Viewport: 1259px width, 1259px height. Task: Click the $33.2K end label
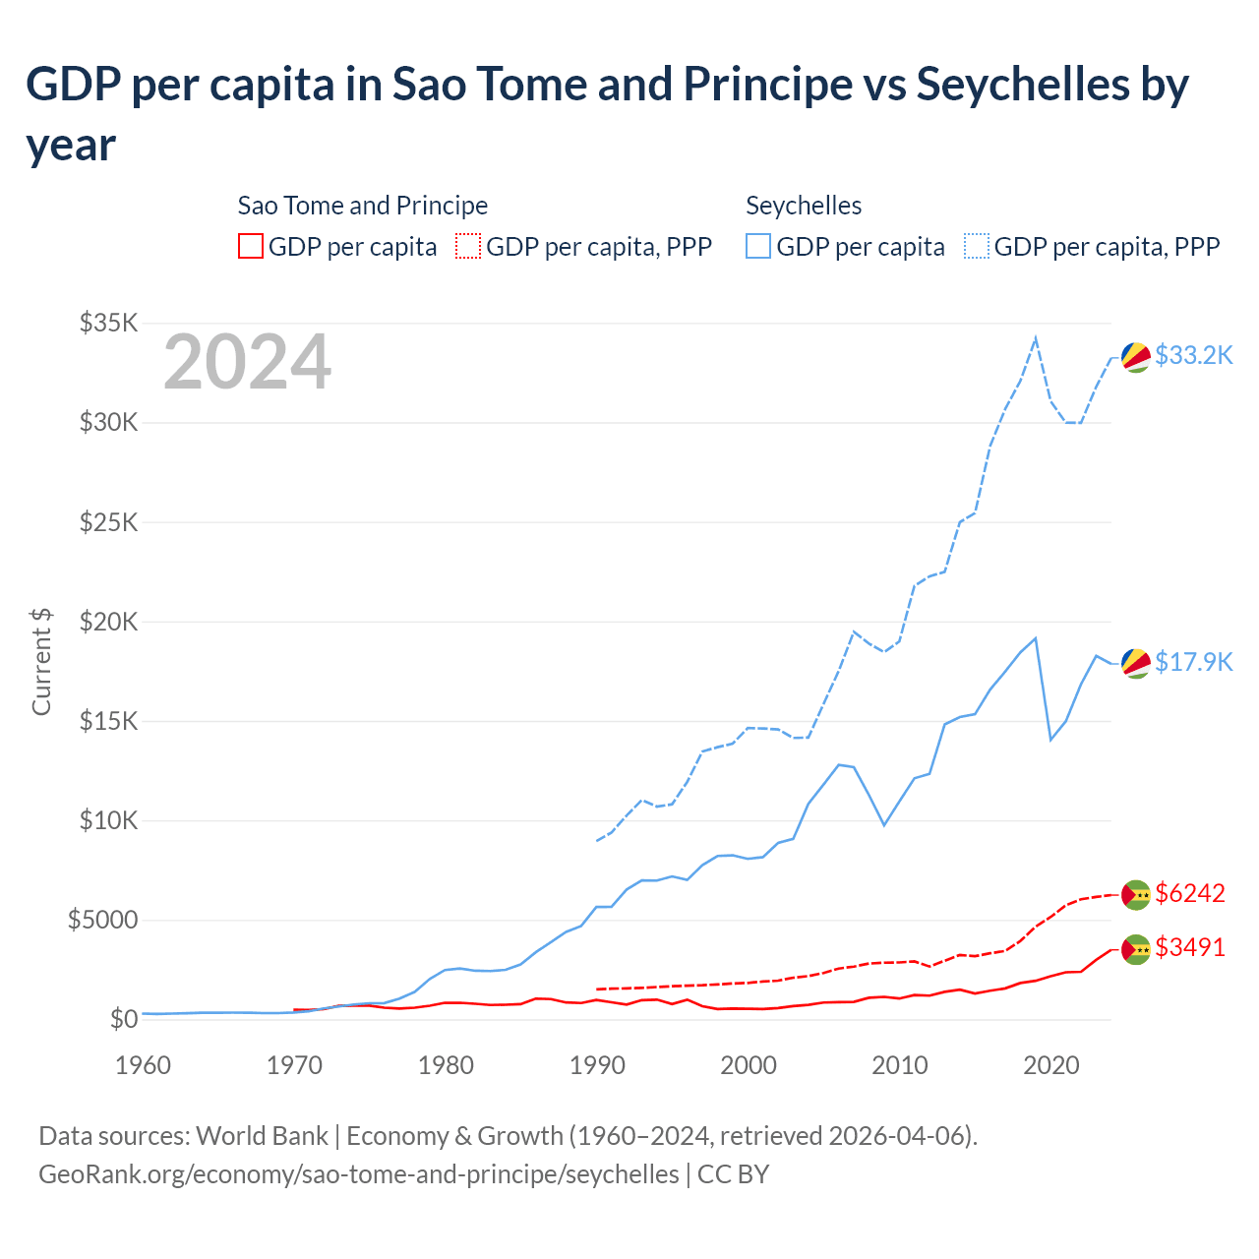pos(1193,355)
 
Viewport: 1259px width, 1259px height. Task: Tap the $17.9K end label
pos(1193,662)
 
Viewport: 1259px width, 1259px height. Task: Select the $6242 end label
pos(1190,893)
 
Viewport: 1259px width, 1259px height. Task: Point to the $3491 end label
pos(1190,947)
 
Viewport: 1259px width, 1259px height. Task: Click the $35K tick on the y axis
pos(109,323)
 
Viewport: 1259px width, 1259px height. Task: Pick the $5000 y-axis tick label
pos(102,920)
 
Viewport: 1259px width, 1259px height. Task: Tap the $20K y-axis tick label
pos(109,622)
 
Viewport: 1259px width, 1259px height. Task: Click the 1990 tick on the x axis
pos(597,1065)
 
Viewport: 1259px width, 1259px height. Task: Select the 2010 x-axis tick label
pos(900,1065)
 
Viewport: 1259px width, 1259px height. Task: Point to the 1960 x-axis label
pos(144,1065)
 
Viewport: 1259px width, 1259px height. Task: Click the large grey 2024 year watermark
pos(247,362)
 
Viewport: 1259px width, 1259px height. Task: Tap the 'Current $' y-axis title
pos(41,661)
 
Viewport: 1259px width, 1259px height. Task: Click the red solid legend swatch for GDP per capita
pos(251,246)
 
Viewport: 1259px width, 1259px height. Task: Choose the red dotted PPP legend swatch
pos(468,246)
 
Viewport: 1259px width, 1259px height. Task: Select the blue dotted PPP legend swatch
pos(977,246)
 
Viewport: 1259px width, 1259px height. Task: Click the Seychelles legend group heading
pos(804,206)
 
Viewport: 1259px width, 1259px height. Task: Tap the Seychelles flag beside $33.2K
pos(1136,358)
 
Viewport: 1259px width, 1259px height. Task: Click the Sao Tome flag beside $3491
pos(1136,949)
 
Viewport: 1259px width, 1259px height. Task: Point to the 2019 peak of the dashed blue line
pos(1035,338)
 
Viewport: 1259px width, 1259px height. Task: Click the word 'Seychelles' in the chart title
pos(1023,85)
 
